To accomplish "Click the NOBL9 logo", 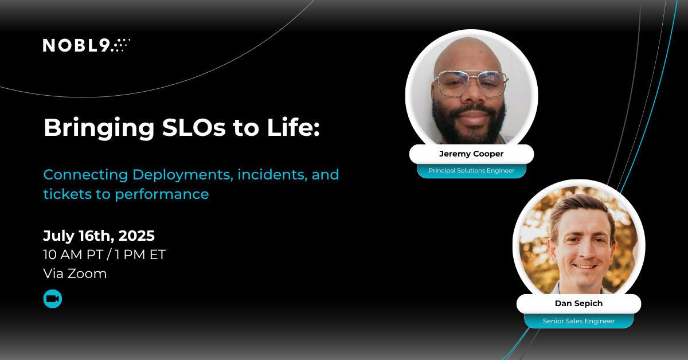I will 86,45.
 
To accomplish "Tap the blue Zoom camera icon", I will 53,299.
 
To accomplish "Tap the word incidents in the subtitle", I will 269,174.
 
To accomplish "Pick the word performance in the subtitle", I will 162,194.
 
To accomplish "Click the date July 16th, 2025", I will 99,236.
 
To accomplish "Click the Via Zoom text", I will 75,273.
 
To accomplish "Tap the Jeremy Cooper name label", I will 471,154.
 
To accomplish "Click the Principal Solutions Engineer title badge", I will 471,170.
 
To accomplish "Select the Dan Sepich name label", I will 578,304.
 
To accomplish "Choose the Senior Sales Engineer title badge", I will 578,321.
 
